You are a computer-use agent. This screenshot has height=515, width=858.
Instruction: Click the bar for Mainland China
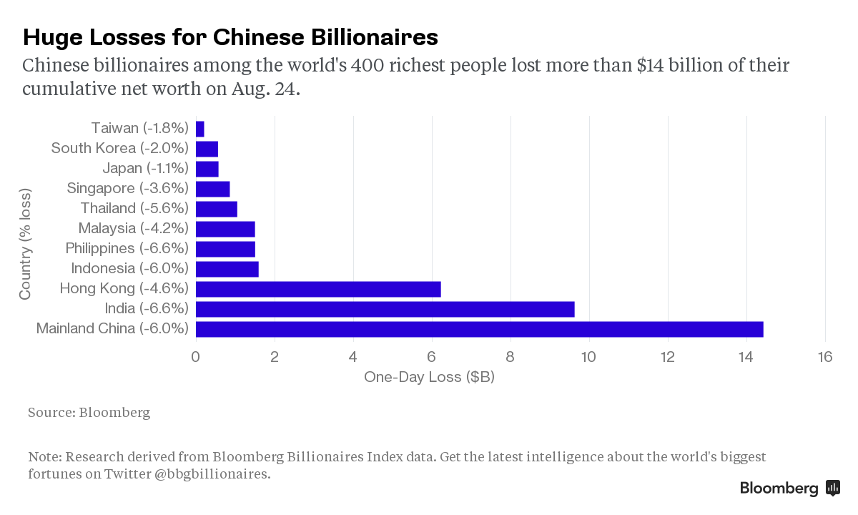(x=479, y=329)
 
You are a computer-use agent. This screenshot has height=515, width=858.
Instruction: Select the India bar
(x=385, y=309)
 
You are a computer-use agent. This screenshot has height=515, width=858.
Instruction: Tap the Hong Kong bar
(x=318, y=289)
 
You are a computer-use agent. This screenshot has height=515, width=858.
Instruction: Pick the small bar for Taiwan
(x=200, y=129)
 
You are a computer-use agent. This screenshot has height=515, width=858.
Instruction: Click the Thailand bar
(x=216, y=209)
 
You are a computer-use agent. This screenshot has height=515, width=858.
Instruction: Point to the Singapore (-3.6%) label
(x=127, y=189)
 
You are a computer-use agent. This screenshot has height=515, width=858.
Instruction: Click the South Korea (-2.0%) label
(x=120, y=149)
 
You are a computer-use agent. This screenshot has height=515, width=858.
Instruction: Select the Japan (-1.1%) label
(x=145, y=169)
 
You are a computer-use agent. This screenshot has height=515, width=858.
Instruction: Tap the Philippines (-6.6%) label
(x=127, y=249)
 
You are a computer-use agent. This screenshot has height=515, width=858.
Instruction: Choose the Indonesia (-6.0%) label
(x=129, y=269)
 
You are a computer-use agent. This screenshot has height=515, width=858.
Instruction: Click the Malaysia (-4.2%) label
(x=134, y=229)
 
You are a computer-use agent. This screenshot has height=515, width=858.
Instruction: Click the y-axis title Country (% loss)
(x=25, y=245)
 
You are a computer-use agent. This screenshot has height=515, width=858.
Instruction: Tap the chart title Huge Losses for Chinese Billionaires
(x=230, y=36)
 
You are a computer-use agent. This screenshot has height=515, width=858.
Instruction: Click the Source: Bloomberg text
(x=89, y=413)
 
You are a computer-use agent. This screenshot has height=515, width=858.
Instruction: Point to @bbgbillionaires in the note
(x=212, y=474)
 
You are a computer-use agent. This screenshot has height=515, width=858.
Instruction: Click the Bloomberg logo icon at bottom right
(x=832, y=488)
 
